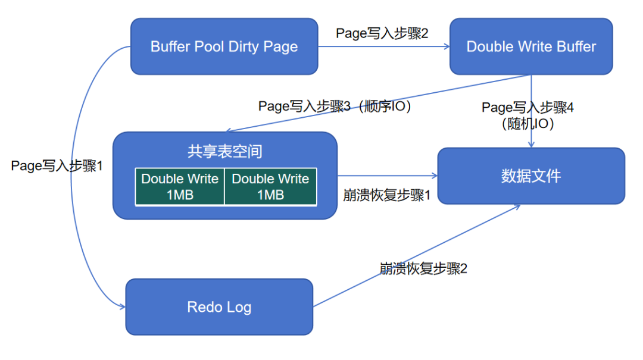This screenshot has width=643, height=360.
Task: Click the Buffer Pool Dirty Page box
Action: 224,46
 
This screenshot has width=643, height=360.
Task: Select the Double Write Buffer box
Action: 531,46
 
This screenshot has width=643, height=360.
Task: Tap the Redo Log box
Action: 219,307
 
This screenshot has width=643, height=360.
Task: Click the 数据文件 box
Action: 531,176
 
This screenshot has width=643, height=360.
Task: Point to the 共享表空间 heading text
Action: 225,151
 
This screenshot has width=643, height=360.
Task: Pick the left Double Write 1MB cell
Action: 180,187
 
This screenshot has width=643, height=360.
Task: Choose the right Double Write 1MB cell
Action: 270,187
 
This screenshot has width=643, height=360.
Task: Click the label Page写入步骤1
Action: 57,166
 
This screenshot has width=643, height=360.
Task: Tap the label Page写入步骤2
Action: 382,33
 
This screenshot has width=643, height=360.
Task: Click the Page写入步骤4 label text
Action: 527,108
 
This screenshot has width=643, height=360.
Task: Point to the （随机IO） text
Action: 527,124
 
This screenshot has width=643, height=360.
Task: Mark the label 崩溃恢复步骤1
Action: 387,195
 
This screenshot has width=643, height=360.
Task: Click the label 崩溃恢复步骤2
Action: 423,268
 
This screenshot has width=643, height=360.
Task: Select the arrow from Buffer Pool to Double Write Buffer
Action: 383,47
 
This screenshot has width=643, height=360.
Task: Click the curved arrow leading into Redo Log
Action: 80,179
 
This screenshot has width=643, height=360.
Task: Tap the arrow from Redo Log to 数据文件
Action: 417,256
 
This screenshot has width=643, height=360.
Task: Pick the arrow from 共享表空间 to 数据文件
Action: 387,176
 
